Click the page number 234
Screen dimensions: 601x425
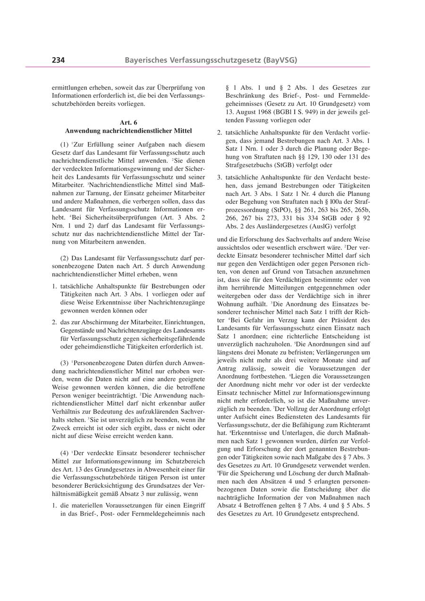[x=58, y=60]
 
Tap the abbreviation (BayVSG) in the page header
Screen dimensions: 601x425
[x=281, y=60]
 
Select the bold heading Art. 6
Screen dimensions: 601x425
[x=128, y=122]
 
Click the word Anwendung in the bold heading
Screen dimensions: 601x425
[x=81, y=130]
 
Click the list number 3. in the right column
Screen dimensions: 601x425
[x=220, y=178]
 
